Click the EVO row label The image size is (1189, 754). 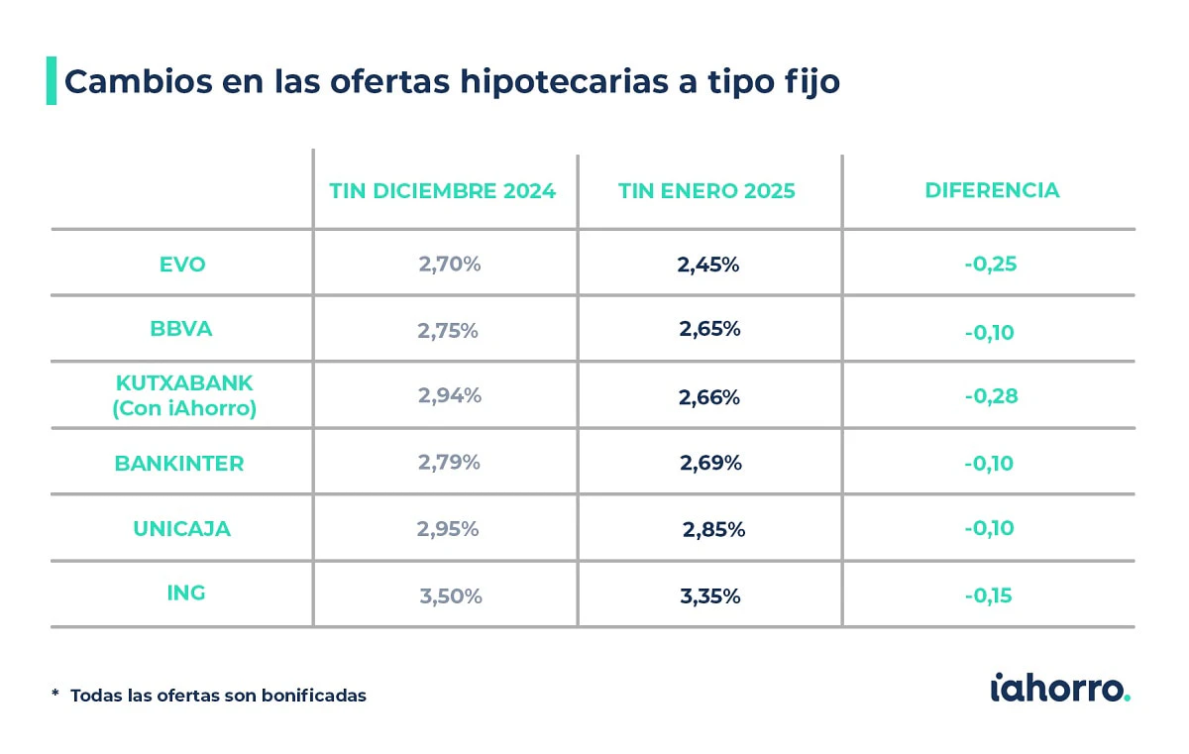(x=182, y=265)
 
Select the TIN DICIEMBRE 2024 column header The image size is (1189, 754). (x=442, y=191)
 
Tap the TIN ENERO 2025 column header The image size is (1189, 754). (x=706, y=191)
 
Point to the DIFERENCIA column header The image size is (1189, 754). (x=992, y=190)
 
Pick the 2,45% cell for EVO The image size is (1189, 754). (x=708, y=265)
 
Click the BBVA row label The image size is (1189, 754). (x=181, y=329)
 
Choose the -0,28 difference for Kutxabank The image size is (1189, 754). (x=991, y=396)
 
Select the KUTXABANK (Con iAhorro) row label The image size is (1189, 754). (x=184, y=396)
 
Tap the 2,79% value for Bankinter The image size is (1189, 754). (x=449, y=462)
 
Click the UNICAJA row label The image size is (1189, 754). (x=181, y=529)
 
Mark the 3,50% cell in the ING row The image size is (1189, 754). (x=451, y=596)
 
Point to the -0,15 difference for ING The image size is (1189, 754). (x=989, y=595)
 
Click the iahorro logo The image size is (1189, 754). (x=1060, y=689)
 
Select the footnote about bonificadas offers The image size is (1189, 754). (x=209, y=696)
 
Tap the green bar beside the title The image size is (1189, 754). (x=52, y=80)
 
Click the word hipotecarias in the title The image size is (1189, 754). (x=564, y=82)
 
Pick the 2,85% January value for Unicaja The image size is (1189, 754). (x=713, y=529)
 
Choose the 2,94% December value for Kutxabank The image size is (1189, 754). (x=450, y=395)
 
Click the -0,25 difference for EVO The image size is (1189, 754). (x=991, y=264)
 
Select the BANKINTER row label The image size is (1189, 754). (x=179, y=464)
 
